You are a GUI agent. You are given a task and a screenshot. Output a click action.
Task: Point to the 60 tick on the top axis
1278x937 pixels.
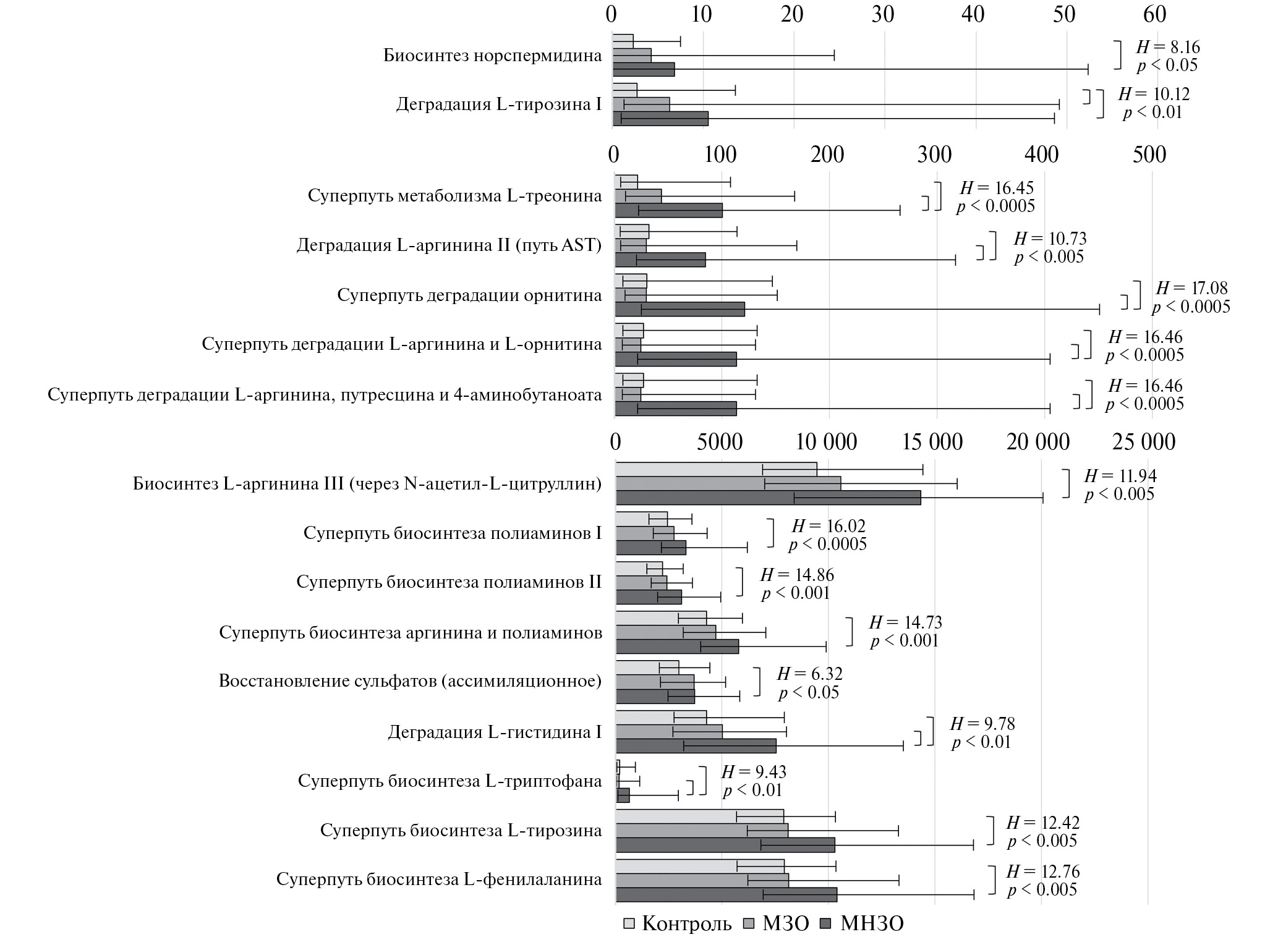(x=1154, y=14)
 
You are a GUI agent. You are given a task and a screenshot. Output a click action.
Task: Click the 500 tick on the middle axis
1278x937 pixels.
(x=1149, y=155)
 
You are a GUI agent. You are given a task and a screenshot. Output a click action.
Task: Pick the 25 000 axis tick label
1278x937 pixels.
(x=1144, y=442)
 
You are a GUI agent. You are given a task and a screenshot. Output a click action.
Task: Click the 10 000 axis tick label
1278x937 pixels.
(x=826, y=442)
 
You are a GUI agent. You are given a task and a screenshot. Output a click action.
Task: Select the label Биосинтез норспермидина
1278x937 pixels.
(x=492, y=56)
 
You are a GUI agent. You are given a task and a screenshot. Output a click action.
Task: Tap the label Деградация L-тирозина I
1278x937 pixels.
(x=498, y=104)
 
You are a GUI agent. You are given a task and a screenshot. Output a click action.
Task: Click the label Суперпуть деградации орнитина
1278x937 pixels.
(x=469, y=295)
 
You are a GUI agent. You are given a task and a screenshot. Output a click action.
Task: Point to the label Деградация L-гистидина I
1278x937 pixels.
(x=495, y=732)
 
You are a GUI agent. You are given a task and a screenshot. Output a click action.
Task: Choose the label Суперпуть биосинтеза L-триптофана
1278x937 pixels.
(x=449, y=781)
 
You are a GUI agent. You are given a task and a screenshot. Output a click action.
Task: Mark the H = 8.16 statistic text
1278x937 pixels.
(x=1168, y=47)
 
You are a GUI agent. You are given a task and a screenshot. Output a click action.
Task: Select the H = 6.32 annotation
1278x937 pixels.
(x=809, y=674)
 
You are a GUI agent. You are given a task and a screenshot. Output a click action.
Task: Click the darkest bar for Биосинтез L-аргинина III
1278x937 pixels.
(x=768, y=498)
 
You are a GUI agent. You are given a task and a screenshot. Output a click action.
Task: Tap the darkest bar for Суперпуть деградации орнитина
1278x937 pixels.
(x=679, y=309)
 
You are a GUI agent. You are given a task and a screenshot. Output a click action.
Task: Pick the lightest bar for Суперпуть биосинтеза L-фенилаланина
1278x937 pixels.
(x=699, y=866)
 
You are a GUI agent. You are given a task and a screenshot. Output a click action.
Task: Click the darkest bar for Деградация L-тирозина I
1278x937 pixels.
(x=660, y=118)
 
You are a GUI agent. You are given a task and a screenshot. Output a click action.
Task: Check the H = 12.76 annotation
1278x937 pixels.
(x=1042, y=871)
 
